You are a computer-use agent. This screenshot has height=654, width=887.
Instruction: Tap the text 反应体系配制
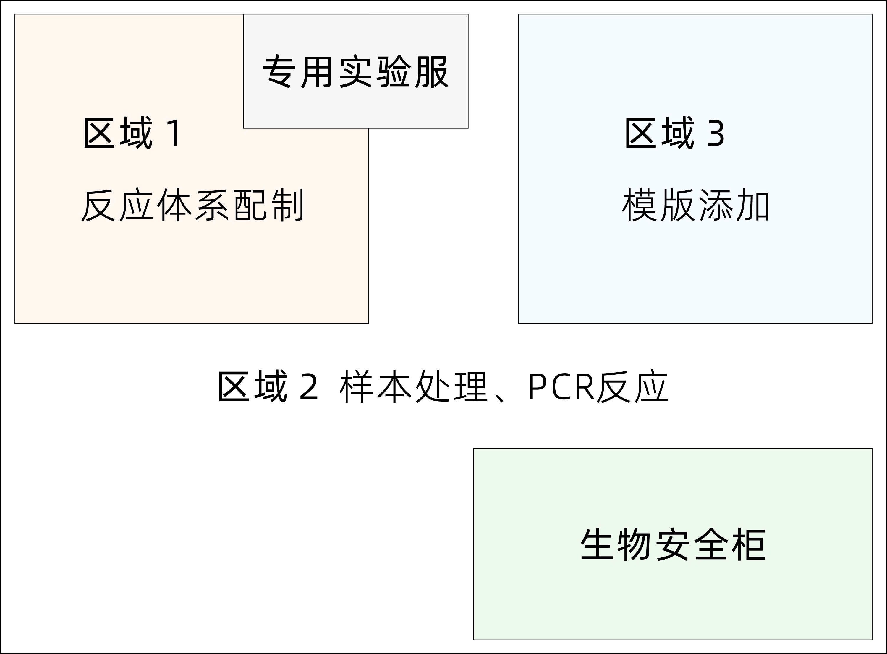[192, 205]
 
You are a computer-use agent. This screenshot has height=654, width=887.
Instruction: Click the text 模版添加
[696, 205]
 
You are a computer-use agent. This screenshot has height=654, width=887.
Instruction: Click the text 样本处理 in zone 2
[413, 386]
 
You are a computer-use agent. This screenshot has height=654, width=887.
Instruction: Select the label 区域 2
[268, 386]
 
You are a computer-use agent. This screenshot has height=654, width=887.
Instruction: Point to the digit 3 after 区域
[716, 134]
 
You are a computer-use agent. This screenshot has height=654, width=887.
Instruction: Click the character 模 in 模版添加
[639, 205]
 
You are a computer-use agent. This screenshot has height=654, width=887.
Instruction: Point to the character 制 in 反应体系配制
[288, 205]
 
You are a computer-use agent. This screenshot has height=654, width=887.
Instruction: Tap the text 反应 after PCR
[632, 386]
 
